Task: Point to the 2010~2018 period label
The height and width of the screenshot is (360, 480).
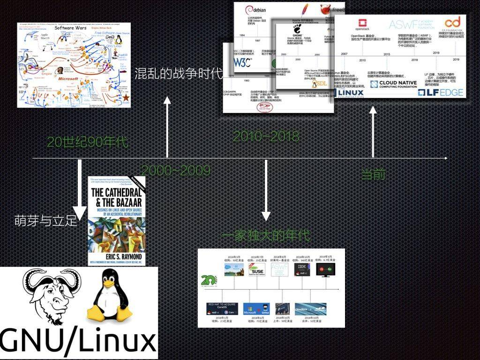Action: pyautogui.click(x=266, y=136)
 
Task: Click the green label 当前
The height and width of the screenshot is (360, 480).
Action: pyautogui.click(x=374, y=174)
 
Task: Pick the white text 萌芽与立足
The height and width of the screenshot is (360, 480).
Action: pyautogui.click(x=46, y=221)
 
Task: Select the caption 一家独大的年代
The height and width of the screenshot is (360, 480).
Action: pyautogui.click(x=266, y=235)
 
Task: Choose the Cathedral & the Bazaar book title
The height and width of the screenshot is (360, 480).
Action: pyautogui.click(x=116, y=197)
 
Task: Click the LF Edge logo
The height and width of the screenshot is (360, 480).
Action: pyautogui.click(x=440, y=92)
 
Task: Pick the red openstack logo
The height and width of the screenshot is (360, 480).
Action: pyautogui.click(x=362, y=23)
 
